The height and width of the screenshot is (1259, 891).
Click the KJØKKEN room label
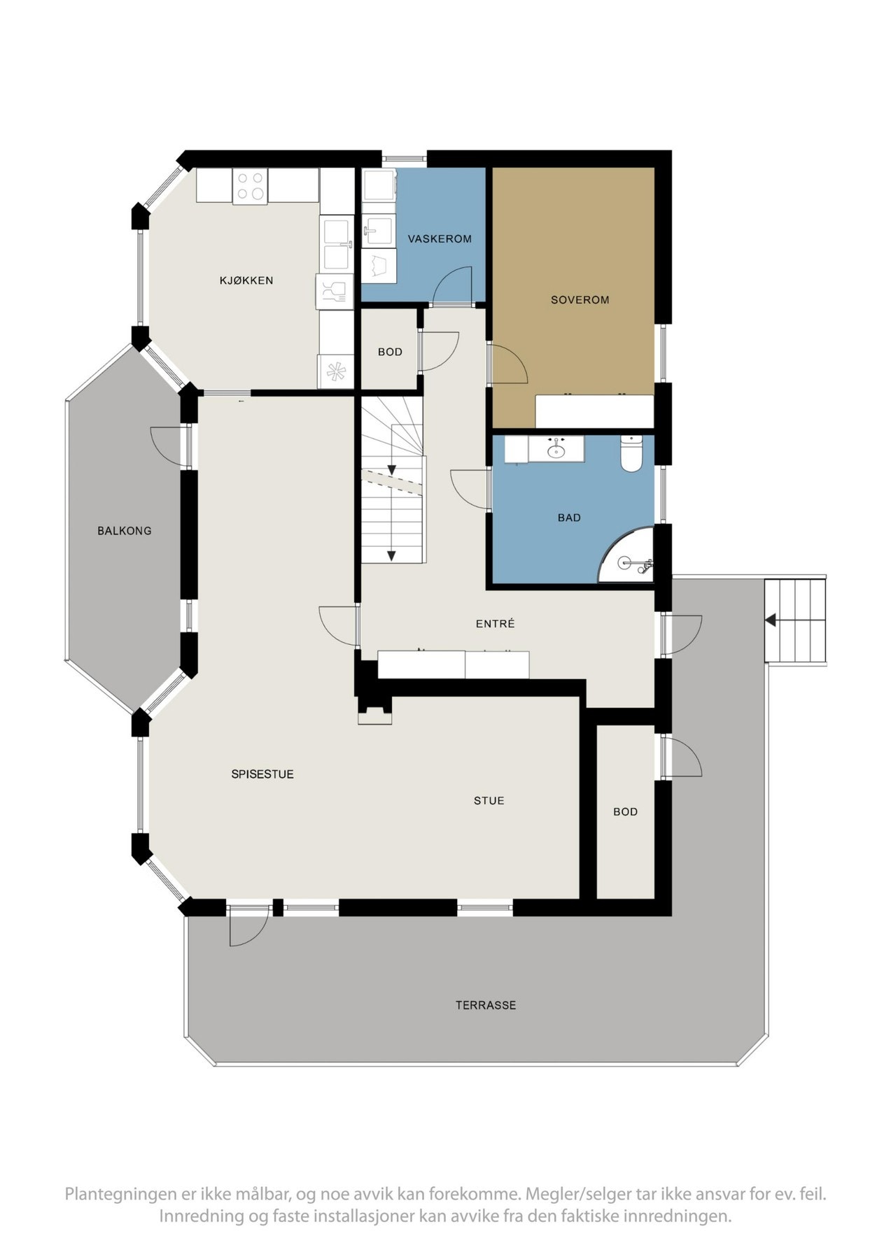(246, 280)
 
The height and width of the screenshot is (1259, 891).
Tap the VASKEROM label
(440, 239)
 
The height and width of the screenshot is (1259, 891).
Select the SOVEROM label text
(580, 299)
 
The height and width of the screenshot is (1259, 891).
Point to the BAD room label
(569, 518)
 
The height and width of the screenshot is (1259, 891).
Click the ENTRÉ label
(495, 623)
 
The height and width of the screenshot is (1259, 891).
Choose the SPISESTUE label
(262, 774)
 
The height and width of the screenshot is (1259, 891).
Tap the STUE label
(489, 800)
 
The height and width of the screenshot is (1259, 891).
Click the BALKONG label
(125, 531)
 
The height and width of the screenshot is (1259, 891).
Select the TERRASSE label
(486, 1005)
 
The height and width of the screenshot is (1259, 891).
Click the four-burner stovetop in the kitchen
(251, 186)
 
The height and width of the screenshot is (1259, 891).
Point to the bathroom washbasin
(556, 448)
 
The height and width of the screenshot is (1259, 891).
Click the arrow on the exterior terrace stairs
(771, 620)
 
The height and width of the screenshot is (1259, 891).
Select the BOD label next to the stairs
(390, 352)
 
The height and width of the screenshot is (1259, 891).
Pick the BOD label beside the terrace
(625, 811)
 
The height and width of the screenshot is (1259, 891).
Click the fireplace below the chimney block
(374, 714)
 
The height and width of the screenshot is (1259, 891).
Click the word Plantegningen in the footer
(117, 1193)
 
